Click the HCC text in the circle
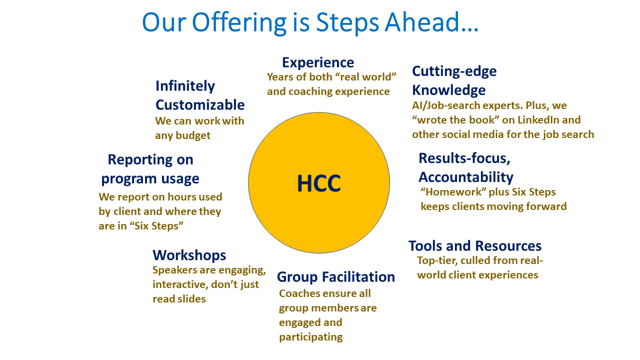tap(319, 183)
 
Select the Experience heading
tap(318, 62)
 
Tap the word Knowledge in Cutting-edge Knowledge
tap(449, 90)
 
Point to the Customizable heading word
tap(200, 105)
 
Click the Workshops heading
tap(189, 255)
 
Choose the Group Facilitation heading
tap(336, 277)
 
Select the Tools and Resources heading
tap(475, 246)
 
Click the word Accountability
tap(466, 177)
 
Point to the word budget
tap(193, 135)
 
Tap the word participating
tap(310, 337)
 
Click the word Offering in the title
tap(239, 22)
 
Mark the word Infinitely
tap(185, 86)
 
